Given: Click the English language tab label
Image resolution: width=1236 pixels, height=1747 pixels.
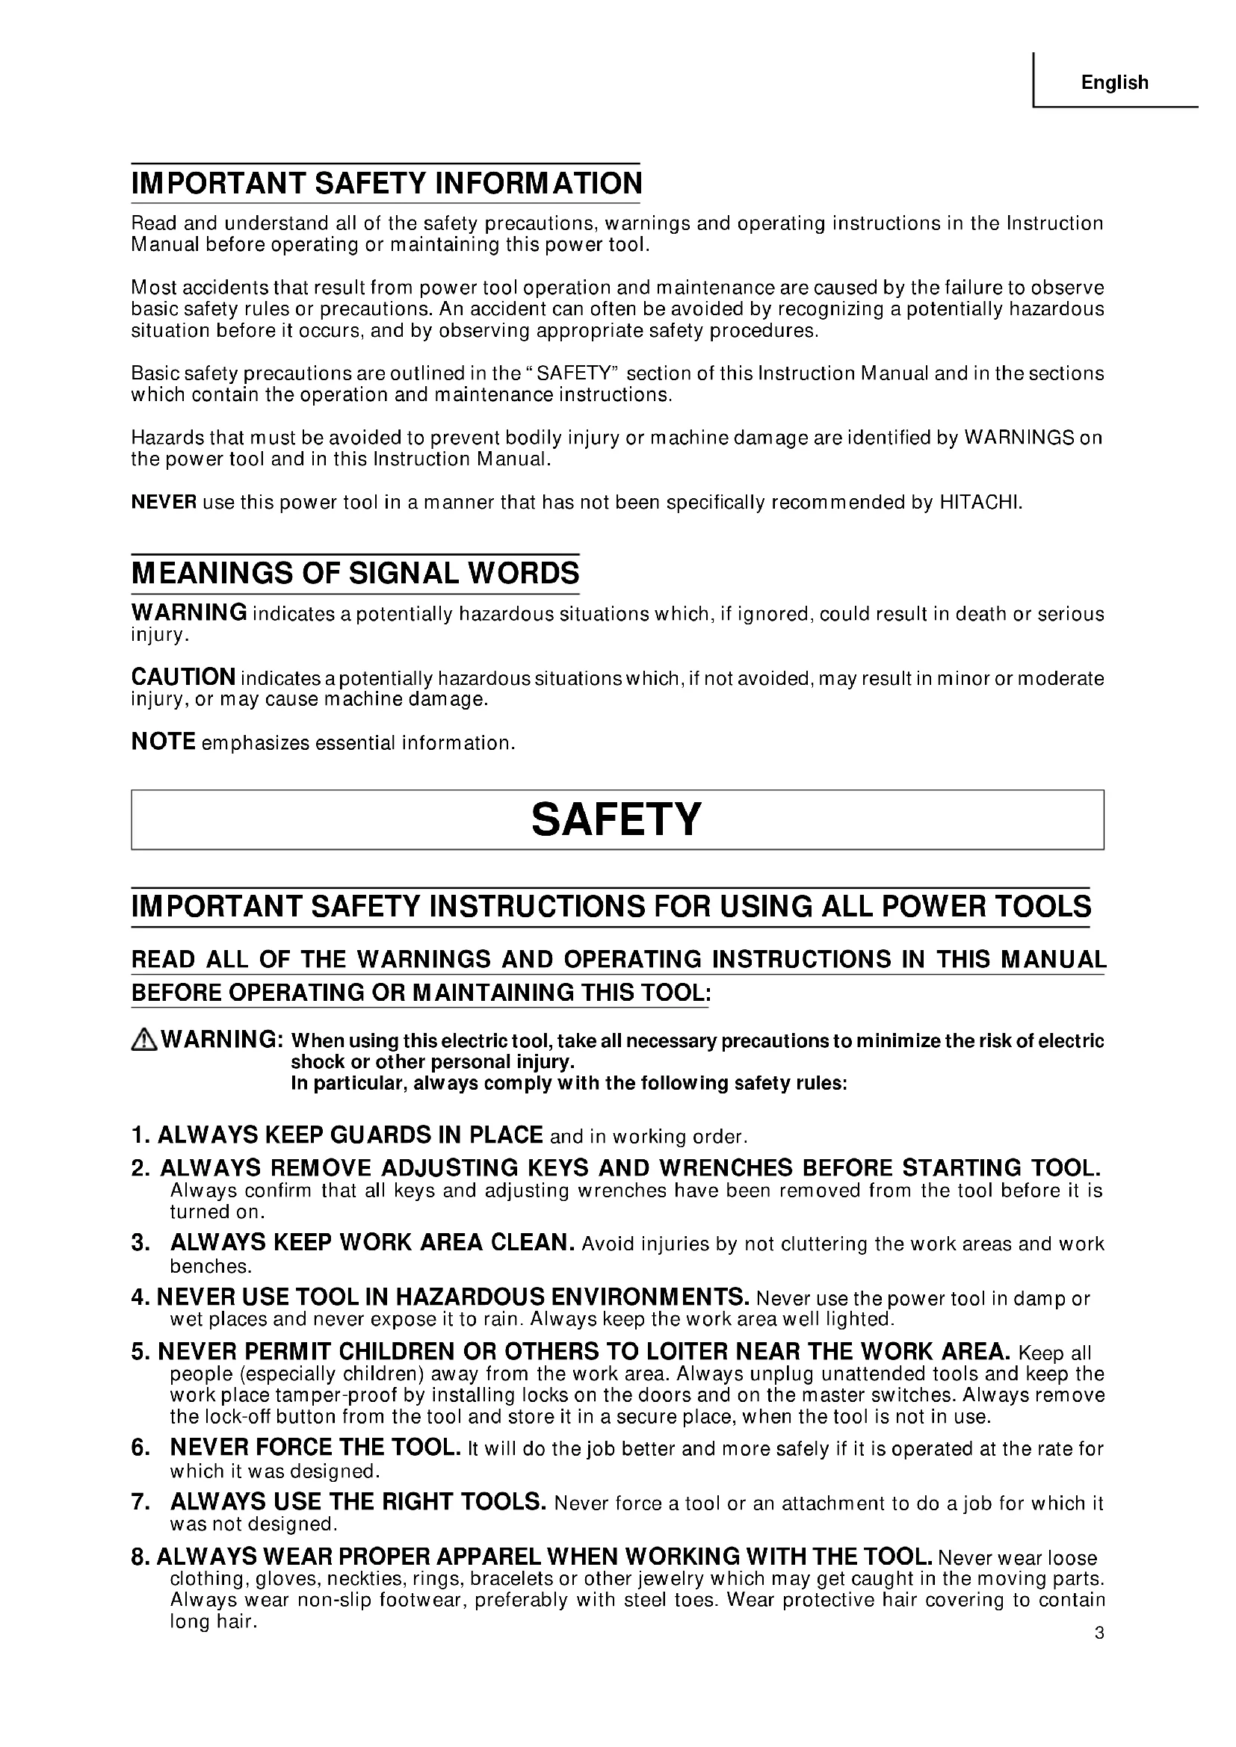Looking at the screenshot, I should pos(1114,82).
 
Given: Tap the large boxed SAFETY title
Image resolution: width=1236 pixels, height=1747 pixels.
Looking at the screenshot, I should pos(616,819).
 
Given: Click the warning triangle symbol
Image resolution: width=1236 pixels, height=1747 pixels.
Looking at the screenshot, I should pos(143,1040).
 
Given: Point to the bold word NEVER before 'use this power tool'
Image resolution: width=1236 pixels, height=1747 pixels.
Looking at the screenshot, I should pos(164,502).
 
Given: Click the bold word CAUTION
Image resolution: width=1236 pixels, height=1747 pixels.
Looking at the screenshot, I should pos(183,677).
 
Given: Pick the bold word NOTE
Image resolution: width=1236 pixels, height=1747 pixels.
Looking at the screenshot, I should pos(164,742).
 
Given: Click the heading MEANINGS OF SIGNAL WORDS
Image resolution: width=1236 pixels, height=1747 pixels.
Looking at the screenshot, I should pos(356,573).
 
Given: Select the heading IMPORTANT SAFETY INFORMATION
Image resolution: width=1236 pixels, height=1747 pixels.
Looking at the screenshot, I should pos(386,184).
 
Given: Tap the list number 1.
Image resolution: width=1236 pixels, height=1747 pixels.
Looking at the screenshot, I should pos(138,1135).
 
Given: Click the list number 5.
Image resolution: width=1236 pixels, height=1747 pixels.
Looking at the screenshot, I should pos(138,1352).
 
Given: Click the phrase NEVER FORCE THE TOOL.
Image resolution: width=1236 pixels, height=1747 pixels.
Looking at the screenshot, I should pos(315,1447).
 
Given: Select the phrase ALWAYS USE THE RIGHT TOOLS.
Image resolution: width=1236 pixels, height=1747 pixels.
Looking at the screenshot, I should pos(358,1502).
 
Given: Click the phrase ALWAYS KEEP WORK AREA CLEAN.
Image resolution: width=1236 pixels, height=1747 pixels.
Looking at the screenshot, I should pos(371,1243).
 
